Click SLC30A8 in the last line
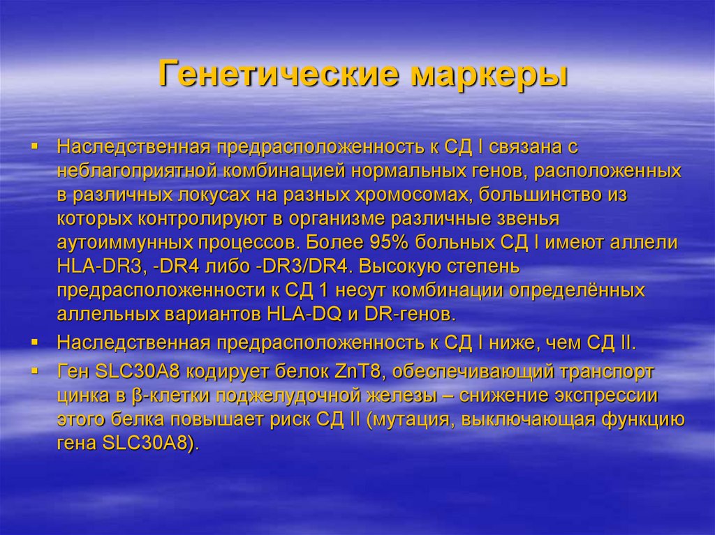coord(147,444)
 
